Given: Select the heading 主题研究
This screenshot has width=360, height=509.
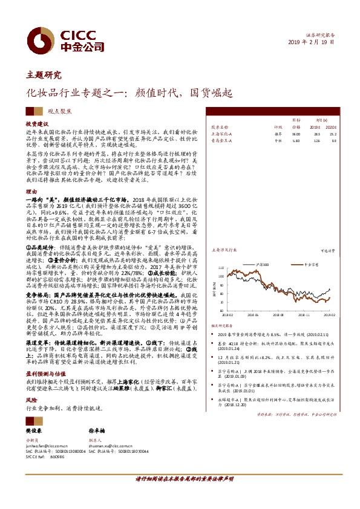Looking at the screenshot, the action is click(x=44, y=76).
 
